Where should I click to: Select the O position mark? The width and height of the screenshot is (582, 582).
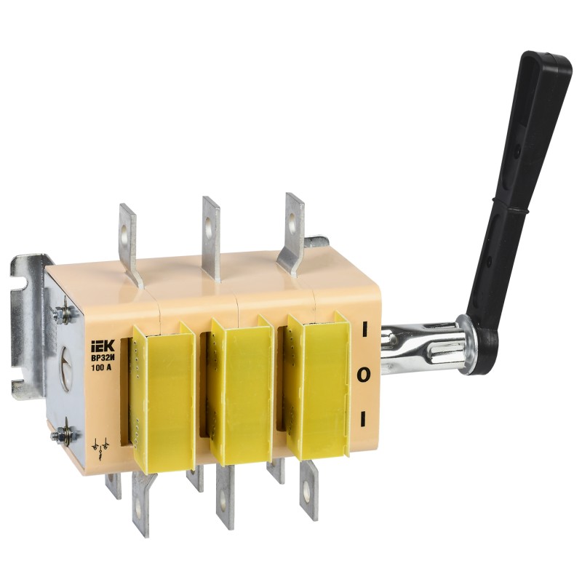(x=364, y=375)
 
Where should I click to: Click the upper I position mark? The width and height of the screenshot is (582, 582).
(x=364, y=330)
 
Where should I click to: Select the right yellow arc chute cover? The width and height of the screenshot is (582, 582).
(x=319, y=385)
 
